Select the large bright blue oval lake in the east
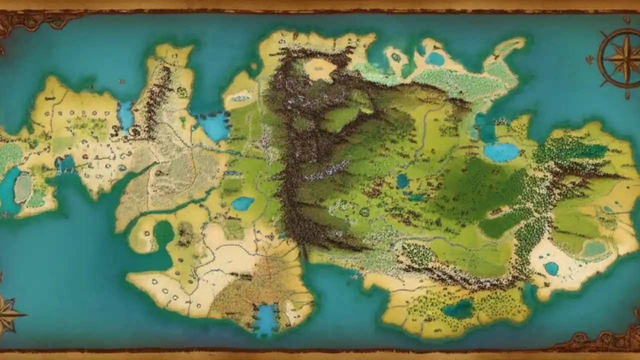pyautogui.click(x=501, y=152)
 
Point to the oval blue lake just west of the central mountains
pyautogui.click(x=242, y=203)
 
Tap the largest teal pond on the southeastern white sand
pyautogui.click(x=551, y=268)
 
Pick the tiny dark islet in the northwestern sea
pyautogui.click(x=121, y=81)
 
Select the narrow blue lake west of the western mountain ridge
pyautogui.click(x=125, y=116)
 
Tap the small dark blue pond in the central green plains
pyautogui.click(x=402, y=181)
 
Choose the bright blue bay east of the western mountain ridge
pyautogui.click(x=214, y=126)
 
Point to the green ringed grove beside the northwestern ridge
pyautogui.click(x=183, y=92)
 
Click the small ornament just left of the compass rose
pyautogui.click(x=590, y=59)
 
